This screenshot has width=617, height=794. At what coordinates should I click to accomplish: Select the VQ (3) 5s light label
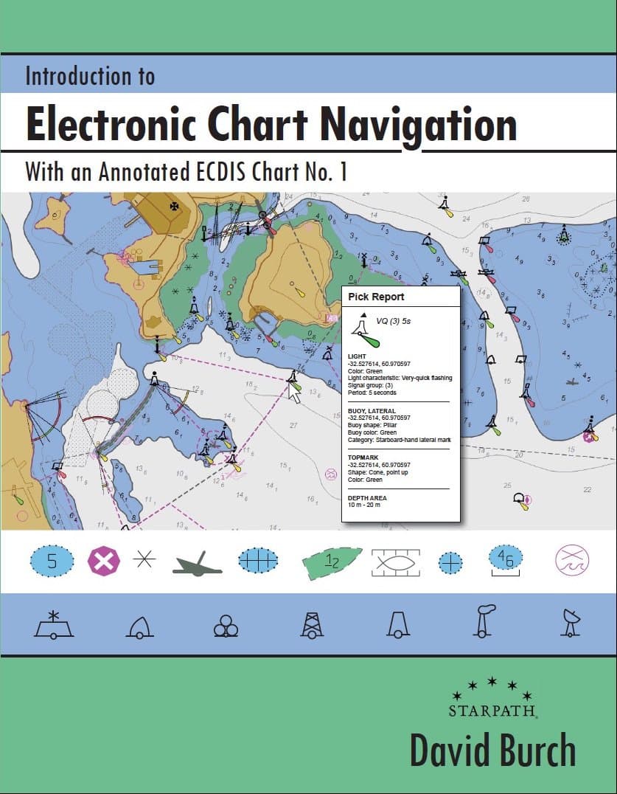point(393,321)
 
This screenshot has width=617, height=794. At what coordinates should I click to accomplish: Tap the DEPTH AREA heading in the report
point(366,498)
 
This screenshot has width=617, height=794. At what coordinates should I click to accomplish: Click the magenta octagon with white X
point(103,562)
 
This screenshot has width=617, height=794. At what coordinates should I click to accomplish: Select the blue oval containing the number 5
point(52,562)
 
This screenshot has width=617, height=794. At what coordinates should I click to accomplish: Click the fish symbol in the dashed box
point(396,562)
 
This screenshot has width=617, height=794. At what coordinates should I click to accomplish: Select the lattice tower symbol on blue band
point(312,624)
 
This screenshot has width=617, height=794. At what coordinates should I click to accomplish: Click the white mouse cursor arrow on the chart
point(295,394)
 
